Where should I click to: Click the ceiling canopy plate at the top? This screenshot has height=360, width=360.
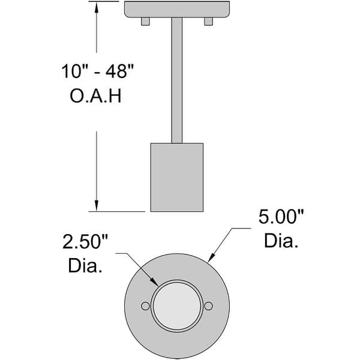177,9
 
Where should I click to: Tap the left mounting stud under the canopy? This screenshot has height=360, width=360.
145,22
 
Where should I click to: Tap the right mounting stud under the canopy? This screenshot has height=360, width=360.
208,22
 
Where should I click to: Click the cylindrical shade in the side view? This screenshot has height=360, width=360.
177,177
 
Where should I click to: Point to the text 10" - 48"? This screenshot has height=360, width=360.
96,72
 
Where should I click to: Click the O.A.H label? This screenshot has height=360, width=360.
96,96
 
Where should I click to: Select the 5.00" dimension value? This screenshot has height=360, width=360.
281,217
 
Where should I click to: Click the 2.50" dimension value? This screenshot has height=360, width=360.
88,242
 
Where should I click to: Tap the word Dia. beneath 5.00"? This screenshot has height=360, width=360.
281,241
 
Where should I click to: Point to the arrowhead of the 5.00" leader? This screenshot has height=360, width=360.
211,260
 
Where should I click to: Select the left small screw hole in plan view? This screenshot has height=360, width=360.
145,306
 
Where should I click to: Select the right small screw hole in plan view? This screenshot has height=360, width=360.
208,306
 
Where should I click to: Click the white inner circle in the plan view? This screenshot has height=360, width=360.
177,306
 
